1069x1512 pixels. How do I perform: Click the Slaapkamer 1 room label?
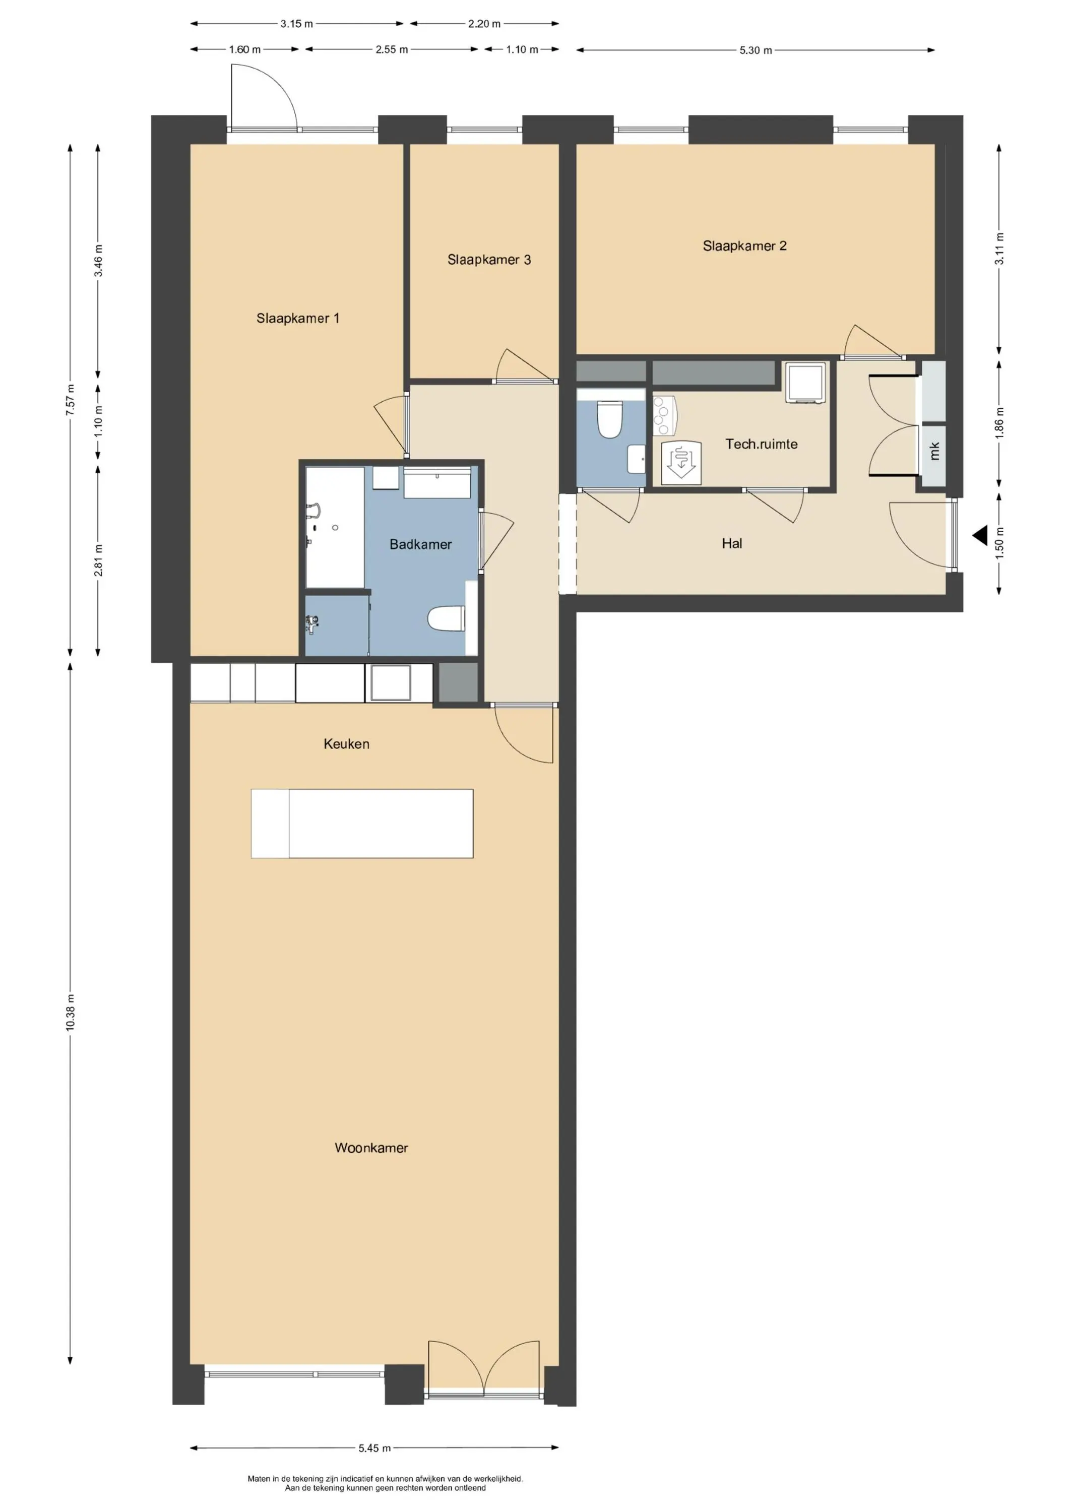(298, 319)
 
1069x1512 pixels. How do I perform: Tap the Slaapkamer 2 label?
(744, 246)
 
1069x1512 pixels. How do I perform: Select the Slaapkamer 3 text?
(489, 260)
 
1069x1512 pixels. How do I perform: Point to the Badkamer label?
(420, 545)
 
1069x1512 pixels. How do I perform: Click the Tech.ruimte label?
(762, 445)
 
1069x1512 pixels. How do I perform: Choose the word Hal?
(732, 543)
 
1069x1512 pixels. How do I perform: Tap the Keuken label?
(346, 744)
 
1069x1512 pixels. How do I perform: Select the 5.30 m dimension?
(756, 50)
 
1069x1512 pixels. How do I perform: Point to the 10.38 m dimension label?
(71, 1014)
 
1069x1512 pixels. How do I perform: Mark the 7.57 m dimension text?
(71, 400)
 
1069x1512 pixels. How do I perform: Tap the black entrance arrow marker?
(980, 535)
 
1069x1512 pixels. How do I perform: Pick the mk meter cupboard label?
(934, 451)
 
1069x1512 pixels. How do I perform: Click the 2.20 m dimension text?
(484, 24)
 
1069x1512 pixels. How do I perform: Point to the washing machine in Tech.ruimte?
(805, 382)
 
